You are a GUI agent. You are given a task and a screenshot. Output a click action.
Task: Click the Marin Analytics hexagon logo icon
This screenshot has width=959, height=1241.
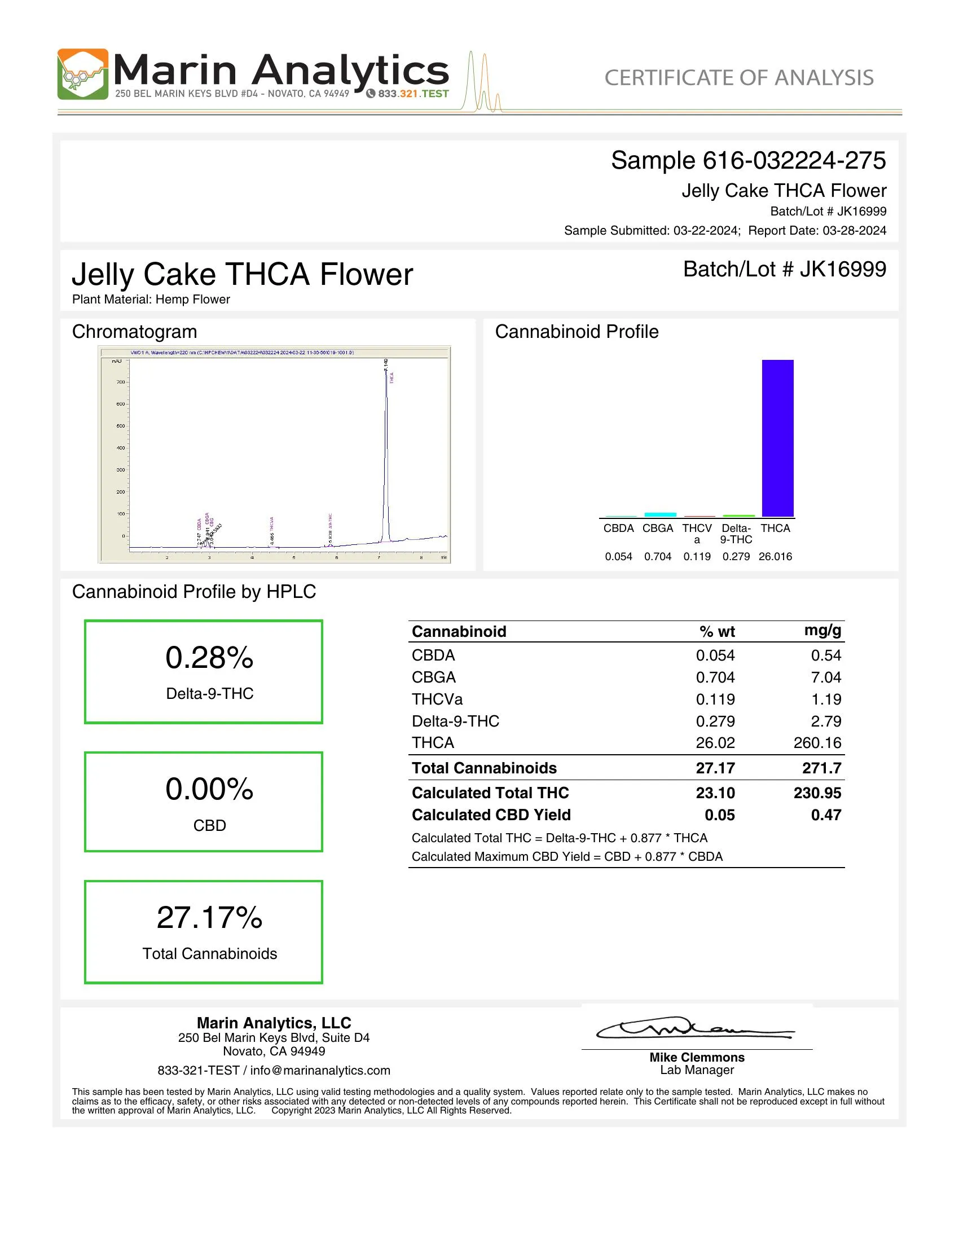click(82, 74)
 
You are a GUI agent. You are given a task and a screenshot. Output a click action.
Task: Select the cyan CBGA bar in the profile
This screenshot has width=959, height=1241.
click(659, 514)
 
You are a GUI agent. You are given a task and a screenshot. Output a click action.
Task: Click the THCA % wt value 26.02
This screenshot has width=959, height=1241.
click(715, 743)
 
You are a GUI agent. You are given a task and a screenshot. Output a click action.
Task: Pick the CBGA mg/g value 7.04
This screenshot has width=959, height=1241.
click(826, 677)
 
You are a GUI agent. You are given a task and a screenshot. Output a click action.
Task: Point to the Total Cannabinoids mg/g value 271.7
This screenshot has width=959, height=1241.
click(821, 768)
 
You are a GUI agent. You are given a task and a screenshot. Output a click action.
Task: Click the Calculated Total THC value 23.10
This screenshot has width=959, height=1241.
click(715, 793)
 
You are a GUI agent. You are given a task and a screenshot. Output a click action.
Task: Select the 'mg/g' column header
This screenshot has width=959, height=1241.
click(822, 630)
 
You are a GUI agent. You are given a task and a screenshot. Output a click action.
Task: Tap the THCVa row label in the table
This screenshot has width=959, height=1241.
click(437, 699)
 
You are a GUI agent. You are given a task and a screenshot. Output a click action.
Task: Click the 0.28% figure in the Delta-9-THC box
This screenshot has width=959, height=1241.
click(209, 658)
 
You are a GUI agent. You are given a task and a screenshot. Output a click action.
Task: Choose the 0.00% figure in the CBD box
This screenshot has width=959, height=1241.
click(209, 789)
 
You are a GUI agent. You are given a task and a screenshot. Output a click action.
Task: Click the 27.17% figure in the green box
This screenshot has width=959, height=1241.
click(209, 918)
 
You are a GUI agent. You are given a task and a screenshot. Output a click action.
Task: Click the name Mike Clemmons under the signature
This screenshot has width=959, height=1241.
click(697, 1058)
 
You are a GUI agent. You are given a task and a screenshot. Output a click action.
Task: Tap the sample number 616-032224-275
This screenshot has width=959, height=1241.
click(794, 161)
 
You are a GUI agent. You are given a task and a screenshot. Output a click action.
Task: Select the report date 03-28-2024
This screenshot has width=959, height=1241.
click(854, 231)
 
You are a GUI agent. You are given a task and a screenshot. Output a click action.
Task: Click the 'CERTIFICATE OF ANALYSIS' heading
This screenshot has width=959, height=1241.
click(738, 78)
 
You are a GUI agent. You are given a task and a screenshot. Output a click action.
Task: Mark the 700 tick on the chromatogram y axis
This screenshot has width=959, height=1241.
click(121, 382)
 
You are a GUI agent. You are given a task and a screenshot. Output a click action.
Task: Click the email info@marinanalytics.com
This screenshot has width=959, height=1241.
click(320, 1071)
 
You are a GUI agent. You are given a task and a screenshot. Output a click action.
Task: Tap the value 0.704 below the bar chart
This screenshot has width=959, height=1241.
click(657, 557)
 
